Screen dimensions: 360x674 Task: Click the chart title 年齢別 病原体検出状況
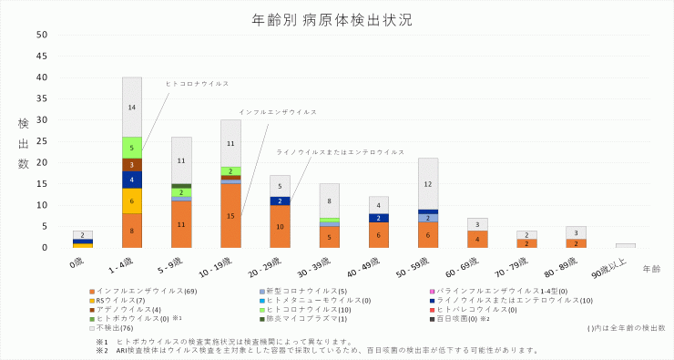[336, 18]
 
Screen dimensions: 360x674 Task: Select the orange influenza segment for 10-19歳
[230, 216]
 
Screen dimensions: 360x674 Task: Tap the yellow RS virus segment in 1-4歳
[132, 201]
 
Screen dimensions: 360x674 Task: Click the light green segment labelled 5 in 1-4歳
[132, 148]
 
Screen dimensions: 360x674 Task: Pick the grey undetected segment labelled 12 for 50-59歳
[428, 183]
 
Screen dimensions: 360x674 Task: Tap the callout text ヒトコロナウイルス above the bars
[198, 83]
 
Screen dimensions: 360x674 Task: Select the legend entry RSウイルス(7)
[113, 300]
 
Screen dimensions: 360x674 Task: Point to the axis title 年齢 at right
[651, 269]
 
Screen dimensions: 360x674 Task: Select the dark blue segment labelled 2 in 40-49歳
[379, 218]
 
